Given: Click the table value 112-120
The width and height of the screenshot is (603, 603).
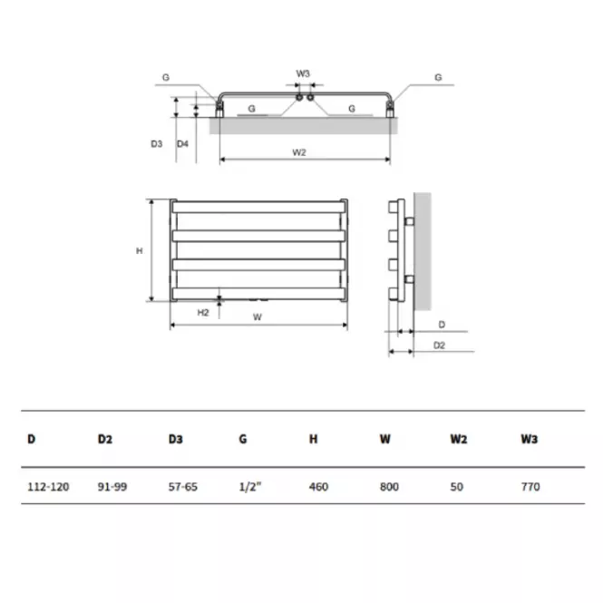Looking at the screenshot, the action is click(48, 487).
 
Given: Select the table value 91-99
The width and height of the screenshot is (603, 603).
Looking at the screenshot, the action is click(112, 487).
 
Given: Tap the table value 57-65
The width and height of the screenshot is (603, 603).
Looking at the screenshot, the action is click(183, 487).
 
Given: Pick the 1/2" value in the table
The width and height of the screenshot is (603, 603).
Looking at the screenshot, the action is click(250, 487).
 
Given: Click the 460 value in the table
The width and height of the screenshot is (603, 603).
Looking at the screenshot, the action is click(319, 487).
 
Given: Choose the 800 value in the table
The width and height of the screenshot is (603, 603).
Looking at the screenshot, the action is click(389, 487).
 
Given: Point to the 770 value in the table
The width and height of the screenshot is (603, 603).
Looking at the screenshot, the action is click(530, 487).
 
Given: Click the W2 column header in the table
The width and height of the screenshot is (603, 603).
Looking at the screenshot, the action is click(459, 439).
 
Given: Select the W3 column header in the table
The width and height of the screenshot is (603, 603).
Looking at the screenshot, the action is click(530, 439).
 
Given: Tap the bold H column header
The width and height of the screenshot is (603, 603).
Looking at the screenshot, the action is click(314, 439).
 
